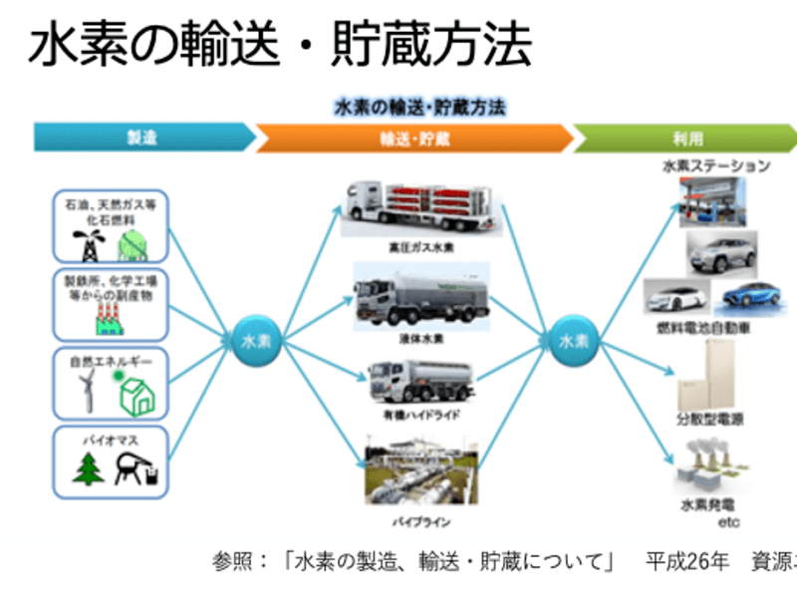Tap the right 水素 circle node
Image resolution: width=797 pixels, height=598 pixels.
point(573,340)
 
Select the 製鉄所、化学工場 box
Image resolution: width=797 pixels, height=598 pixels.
point(110,303)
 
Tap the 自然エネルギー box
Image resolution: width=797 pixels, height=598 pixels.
point(110,382)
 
